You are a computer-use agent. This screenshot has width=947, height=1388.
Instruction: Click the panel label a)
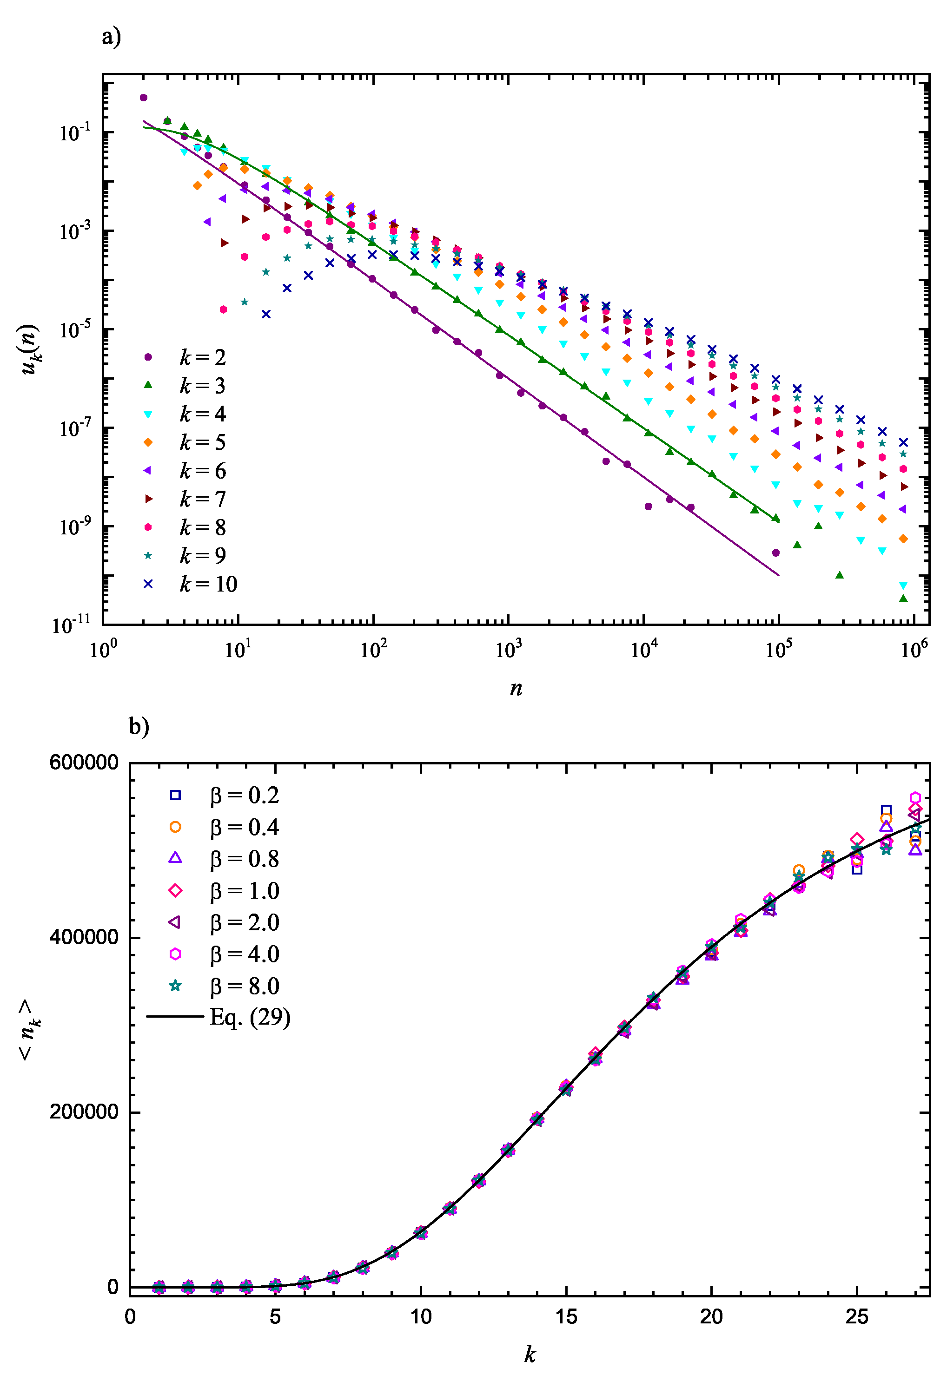(111, 37)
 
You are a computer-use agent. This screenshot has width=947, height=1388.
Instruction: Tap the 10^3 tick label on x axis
(509, 649)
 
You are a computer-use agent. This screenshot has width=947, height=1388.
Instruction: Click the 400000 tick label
(84, 937)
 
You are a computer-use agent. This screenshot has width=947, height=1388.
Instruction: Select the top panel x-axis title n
(516, 688)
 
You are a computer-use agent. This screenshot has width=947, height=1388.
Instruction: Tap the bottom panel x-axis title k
(530, 1355)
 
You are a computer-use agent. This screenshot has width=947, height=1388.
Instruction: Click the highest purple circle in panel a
(143, 98)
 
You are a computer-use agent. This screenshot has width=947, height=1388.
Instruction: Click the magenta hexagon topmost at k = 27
(915, 798)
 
